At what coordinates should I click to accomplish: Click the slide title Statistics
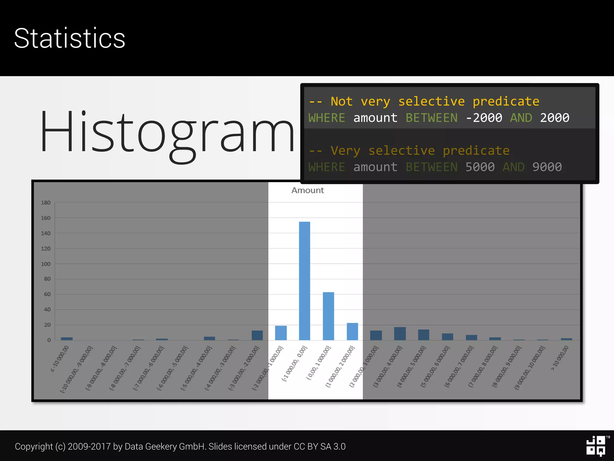70,38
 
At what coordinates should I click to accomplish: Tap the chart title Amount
308,190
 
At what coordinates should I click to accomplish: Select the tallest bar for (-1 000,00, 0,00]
304,281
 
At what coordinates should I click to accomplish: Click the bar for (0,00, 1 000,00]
328,316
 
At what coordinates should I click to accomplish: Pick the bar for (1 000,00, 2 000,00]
352,331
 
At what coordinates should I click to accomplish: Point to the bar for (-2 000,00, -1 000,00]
281,333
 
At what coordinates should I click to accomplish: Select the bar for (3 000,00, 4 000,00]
400,333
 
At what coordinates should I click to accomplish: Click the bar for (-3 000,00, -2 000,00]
257,335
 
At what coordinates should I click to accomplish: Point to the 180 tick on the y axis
46,203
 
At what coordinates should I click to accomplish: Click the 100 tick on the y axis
46,264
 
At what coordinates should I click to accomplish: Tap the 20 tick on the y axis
47,325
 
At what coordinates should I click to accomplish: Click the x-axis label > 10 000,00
560,358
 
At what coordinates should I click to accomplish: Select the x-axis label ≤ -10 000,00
60,359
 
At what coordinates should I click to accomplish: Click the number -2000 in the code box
484,118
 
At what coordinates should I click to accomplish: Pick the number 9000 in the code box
547,167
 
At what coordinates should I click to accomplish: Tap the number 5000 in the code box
480,167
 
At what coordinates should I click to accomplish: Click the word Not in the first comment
341,101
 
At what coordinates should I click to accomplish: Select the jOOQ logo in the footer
596,446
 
